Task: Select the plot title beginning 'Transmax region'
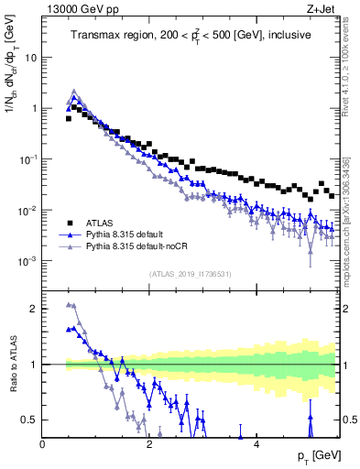coord(191,35)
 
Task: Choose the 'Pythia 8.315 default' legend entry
coord(136,234)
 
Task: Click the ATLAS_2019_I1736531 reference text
coord(191,274)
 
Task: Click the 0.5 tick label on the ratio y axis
coord(30,420)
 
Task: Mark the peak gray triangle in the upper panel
coord(74,92)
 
